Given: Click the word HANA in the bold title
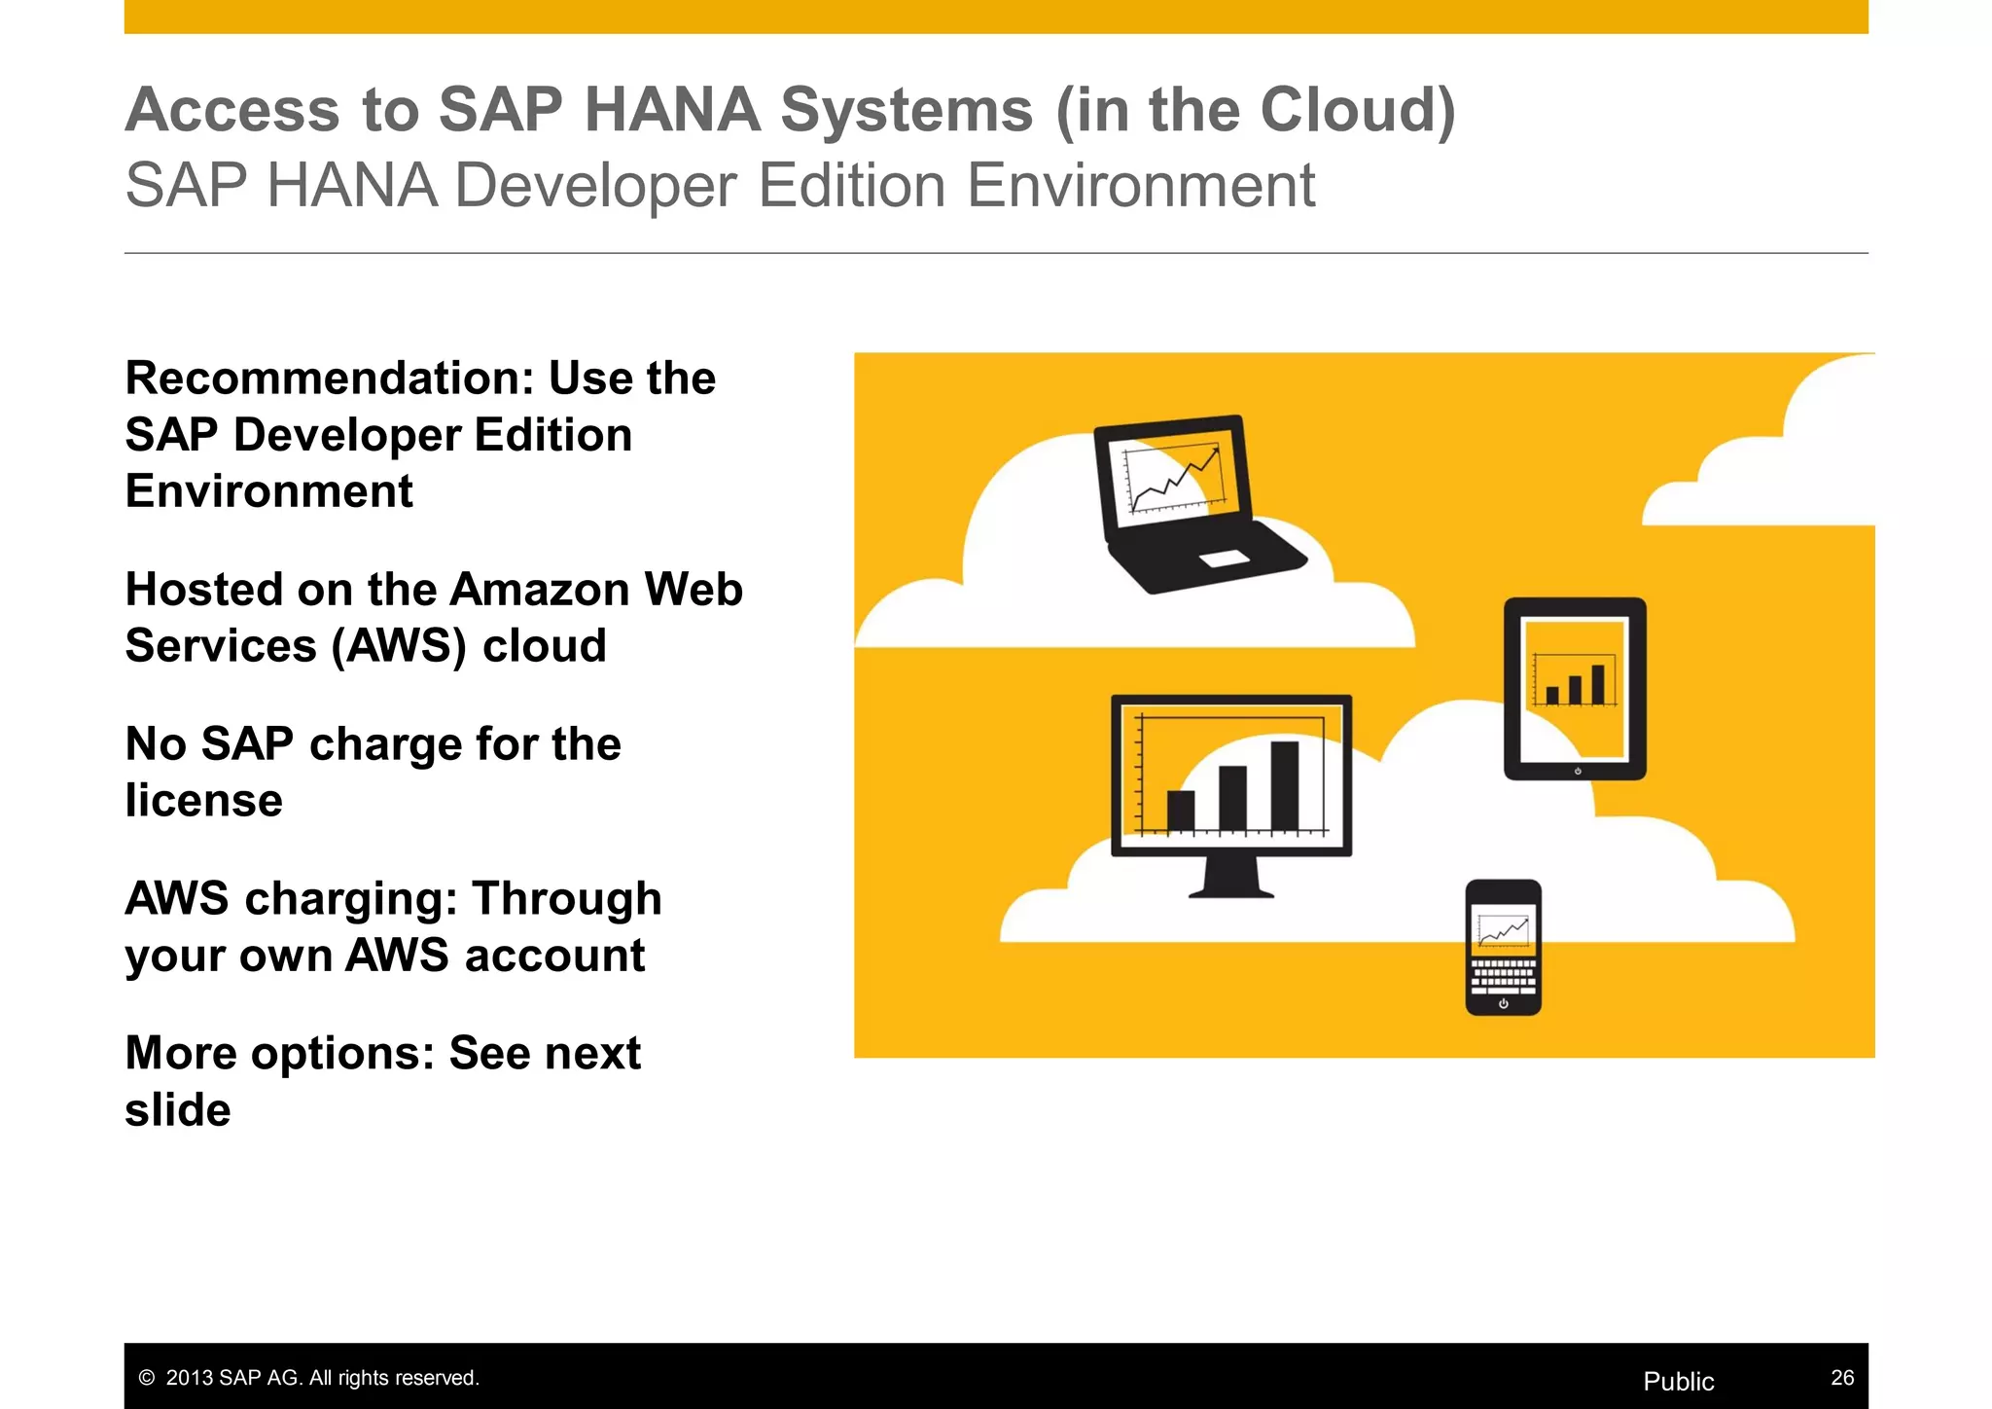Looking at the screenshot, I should click(x=672, y=109).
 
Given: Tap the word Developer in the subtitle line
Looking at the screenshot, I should click(x=595, y=186).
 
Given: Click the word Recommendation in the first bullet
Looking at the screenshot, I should click(x=330, y=379).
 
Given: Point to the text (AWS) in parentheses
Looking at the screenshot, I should click(x=399, y=646).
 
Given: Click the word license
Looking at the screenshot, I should click(x=204, y=801).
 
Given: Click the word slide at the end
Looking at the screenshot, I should click(x=178, y=1110).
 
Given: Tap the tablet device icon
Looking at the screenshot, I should click(x=1575, y=688).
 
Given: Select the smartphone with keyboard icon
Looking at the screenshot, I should click(x=1503, y=947).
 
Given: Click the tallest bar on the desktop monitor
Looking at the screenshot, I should click(x=1284, y=785).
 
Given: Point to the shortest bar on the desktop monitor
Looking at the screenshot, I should click(x=1181, y=811).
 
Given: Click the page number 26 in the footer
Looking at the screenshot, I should click(x=1842, y=1378).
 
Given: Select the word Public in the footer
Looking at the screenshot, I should click(x=1678, y=1382).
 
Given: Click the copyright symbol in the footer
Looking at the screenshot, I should click(x=147, y=1378).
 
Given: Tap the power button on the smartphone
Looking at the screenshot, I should click(x=1503, y=1003).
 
